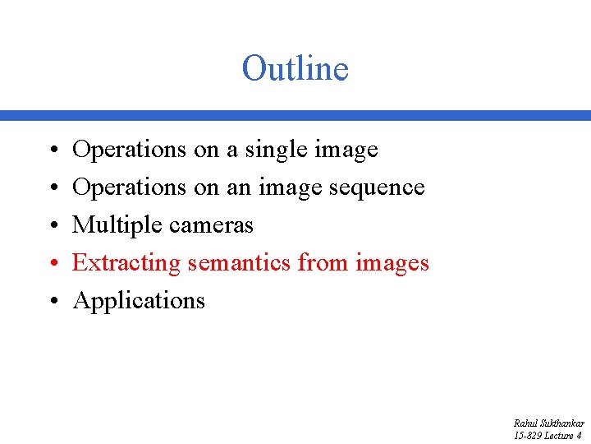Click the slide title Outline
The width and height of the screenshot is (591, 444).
click(x=295, y=68)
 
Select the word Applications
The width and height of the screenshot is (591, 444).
click(x=139, y=301)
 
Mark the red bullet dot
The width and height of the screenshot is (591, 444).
click(x=52, y=264)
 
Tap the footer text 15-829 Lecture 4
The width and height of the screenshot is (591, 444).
click(x=547, y=436)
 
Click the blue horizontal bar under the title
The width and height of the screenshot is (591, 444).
click(x=295, y=116)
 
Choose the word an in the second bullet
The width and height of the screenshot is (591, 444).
click(x=238, y=187)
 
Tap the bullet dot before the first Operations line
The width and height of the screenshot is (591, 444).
click(x=52, y=150)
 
